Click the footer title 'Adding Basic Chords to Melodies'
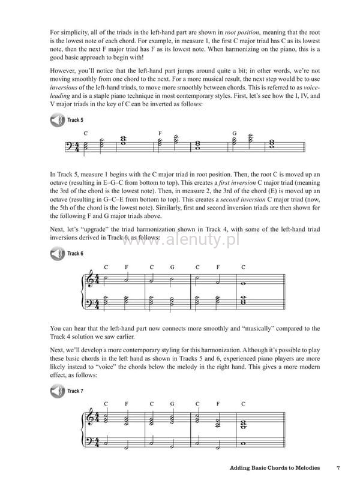pos(274,467)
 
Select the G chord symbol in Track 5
pos(234,133)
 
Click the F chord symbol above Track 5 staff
pos(160,133)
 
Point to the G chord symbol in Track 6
pos(172,266)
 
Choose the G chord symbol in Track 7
pos(172,404)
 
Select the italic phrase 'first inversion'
pos(237,182)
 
